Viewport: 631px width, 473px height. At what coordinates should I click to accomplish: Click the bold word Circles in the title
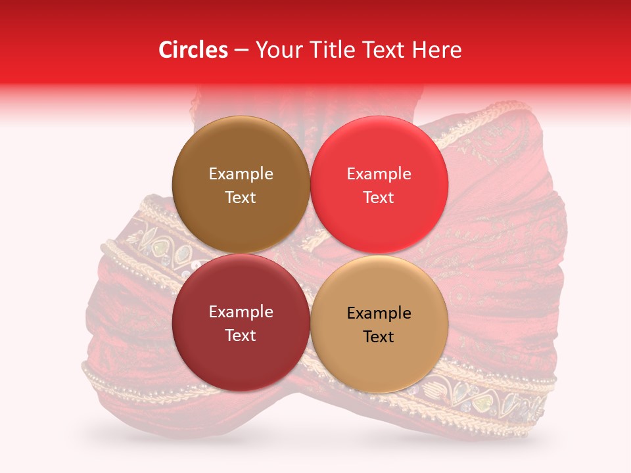(193, 50)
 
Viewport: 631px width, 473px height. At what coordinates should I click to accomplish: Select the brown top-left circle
(241, 151)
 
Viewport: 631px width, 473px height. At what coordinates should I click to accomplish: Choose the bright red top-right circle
(379, 151)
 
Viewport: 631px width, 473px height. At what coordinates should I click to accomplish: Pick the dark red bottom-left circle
(241, 355)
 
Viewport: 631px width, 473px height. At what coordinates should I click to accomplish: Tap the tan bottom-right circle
(379, 358)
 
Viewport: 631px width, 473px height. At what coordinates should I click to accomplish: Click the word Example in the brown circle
(241, 173)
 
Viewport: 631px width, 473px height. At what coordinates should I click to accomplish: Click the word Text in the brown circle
(241, 197)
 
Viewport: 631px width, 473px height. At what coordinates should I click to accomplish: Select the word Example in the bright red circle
(379, 173)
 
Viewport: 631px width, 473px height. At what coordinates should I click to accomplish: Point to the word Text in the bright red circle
(379, 197)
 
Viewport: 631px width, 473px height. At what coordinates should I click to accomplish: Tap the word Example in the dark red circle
(241, 311)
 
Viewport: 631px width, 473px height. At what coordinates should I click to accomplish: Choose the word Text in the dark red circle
(241, 335)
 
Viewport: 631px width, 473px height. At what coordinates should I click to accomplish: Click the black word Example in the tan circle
(379, 313)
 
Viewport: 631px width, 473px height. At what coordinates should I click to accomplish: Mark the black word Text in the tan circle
(379, 336)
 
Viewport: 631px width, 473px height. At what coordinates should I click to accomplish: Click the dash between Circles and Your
(241, 50)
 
